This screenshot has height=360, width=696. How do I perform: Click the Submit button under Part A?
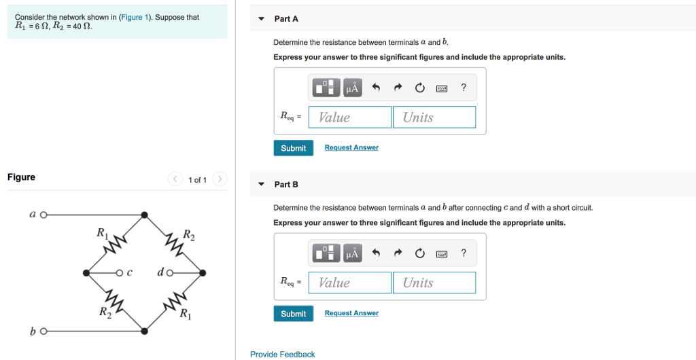click(293, 148)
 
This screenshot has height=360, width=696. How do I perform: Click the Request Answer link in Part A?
click(351, 147)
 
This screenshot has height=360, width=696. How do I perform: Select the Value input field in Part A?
click(350, 118)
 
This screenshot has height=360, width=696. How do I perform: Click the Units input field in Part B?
click(434, 283)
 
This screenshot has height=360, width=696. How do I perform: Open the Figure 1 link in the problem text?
click(135, 17)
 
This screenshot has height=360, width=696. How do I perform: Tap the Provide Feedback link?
click(282, 354)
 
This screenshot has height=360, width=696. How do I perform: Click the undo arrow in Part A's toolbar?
click(376, 88)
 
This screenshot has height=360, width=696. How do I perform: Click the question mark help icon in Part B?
click(464, 253)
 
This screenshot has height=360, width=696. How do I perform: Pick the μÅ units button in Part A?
click(352, 88)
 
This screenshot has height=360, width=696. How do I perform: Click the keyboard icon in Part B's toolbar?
click(442, 253)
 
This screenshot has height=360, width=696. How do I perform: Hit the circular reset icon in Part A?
click(419, 88)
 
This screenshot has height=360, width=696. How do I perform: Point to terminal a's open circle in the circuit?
click(43, 215)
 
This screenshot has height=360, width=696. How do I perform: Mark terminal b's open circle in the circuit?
click(43, 331)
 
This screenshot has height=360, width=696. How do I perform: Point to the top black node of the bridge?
click(145, 215)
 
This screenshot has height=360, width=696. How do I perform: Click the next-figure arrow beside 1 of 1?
click(219, 179)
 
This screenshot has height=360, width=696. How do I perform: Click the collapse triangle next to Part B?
click(261, 184)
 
